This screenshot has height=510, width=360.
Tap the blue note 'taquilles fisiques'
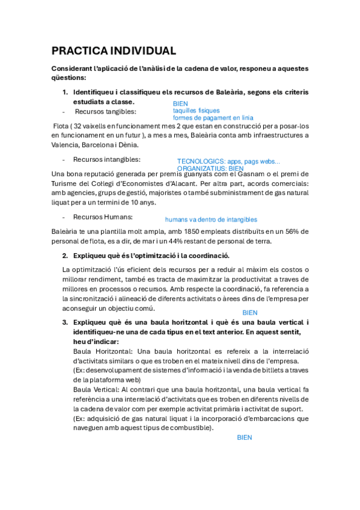point(196,111)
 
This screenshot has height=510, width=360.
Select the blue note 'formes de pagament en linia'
point(213,117)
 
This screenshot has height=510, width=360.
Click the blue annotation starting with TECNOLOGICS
point(228,161)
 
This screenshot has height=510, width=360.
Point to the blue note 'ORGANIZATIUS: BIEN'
point(210,169)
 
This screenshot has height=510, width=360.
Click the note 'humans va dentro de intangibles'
point(211,220)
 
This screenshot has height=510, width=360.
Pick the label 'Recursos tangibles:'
point(106,111)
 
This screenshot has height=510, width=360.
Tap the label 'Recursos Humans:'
point(103,217)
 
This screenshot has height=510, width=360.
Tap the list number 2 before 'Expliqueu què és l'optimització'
point(65,256)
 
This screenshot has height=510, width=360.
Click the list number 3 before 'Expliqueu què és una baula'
point(65,322)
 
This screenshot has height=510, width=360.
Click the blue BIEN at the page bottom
point(244,437)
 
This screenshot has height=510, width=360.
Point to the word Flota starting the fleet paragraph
point(61,126)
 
